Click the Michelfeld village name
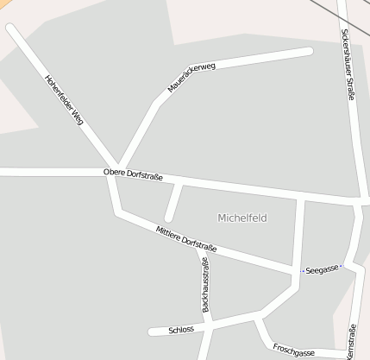coord(242,218)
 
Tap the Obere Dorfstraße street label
coord(133,174)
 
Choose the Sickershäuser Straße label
coord(347,64)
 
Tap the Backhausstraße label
coord(205,284)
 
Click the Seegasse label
coord(322,270)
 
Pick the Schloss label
coord(181,329)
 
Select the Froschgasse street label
coord(293,351)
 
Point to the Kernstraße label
coord(351,343)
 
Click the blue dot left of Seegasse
coord(302,271)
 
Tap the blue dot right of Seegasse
coord(341,267)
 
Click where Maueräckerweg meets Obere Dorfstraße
coord(119,169)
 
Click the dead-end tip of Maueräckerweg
coord(308,52)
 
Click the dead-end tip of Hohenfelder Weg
coord(10,28)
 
